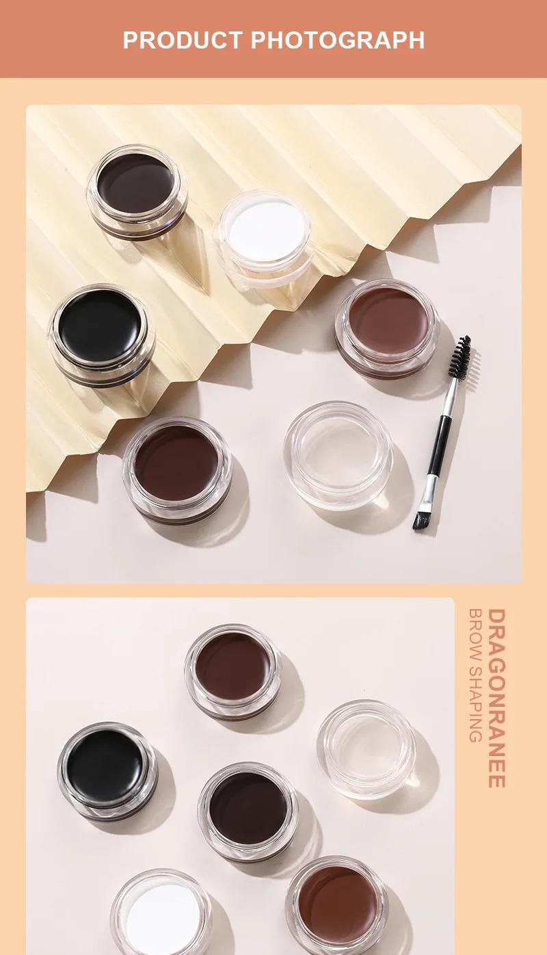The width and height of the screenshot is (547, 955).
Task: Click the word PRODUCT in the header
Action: (x=183, y=40)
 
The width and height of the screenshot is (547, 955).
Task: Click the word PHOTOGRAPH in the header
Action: (x=338, y=40)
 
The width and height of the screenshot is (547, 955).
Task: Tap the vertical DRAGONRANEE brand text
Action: (x=497, y=698)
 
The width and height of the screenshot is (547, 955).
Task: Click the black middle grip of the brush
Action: (x=440, y=438)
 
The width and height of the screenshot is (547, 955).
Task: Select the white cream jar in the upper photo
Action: (x=265, y=232)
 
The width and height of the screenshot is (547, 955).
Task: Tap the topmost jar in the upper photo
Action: (x=137, y=187)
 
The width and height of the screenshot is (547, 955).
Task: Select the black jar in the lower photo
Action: (x=106, y=768)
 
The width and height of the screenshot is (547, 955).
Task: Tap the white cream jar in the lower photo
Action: (x=161, y=916)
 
